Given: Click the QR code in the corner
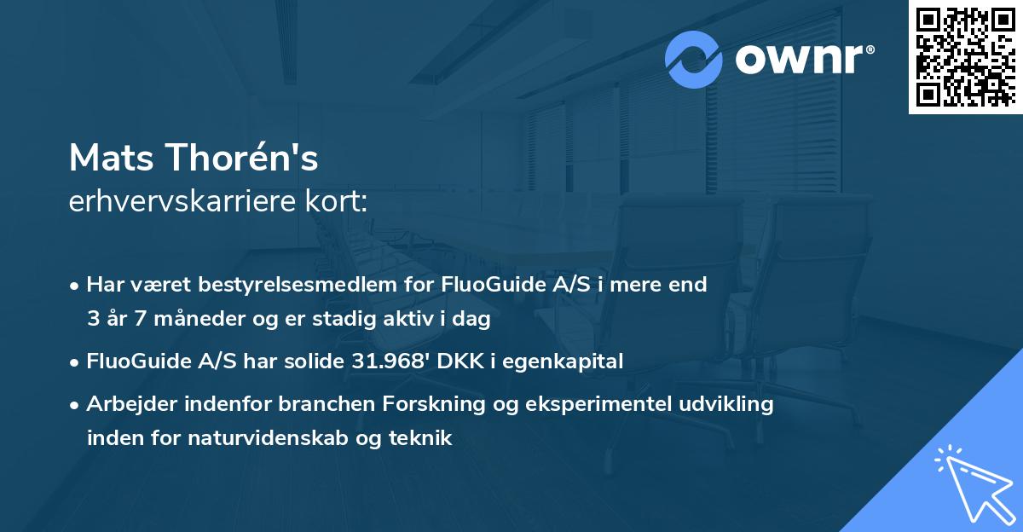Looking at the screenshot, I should pyautogui.click(x=965, y=56).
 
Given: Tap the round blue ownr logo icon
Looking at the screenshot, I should pyautogui.click(x=694, y=60).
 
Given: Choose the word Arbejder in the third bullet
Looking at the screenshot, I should pyautogui.click(x=129, y=404).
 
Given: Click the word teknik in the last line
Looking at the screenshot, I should pyautogui.click(x=423, y=439).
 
